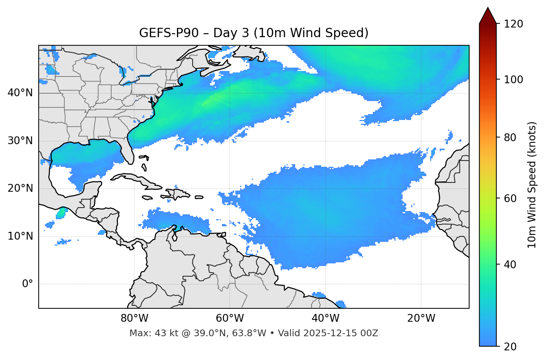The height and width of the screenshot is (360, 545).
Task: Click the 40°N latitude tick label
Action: pos(20,93)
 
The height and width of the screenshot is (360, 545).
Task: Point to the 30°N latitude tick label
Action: pos(20,141)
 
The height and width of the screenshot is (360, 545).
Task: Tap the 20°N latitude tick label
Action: pos(20,188)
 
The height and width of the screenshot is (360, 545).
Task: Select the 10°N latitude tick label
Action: pos(20,236)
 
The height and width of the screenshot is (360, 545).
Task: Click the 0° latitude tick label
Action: pos(28,284)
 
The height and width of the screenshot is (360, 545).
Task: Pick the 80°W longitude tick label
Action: pos(134,318)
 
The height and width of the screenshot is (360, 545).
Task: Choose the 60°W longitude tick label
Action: pos(230,318)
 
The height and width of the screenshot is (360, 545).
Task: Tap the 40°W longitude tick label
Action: pos(325,318)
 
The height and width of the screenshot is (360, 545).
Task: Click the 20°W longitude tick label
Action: pos(421,318)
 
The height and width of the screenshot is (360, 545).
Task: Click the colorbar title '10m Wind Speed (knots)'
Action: pos(532,185)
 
